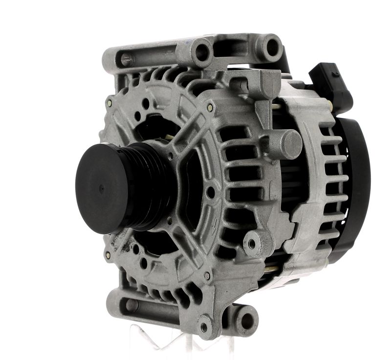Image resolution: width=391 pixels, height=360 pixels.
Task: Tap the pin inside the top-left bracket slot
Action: pos(127,60)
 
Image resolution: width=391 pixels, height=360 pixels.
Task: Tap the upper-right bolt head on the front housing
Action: pos(210,108)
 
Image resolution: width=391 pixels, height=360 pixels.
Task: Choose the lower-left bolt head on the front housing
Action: pos(107,255)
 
